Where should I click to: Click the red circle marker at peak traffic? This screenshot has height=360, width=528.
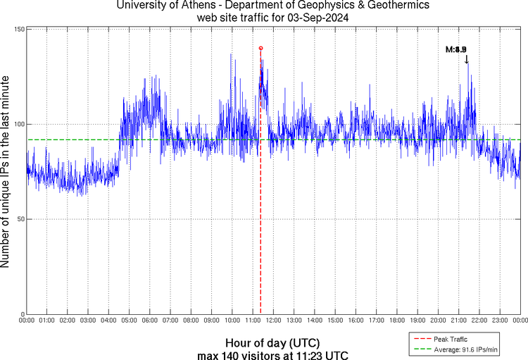(x=260, y=48)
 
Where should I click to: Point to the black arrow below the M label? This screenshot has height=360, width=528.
(x=466, y=60)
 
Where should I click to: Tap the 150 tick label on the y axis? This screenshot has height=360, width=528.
(x=20, y=29)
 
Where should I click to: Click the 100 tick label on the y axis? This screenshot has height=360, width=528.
(x=20, y=124)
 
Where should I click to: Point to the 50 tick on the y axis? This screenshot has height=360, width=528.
(x=21, y=219)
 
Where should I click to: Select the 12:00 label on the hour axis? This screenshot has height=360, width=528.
(x=273, y=321)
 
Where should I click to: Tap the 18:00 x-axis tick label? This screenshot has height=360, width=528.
(x=396, y=321)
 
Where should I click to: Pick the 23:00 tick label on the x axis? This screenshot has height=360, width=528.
(x=499, y=321)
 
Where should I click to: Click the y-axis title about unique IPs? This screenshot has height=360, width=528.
(x=6, y=172)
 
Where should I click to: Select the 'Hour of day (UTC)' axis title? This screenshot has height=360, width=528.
(x=272, y=342)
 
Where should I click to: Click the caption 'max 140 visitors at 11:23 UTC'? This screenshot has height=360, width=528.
(x=272, y=354)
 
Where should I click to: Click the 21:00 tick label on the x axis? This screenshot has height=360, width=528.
(x=458, y=321)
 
